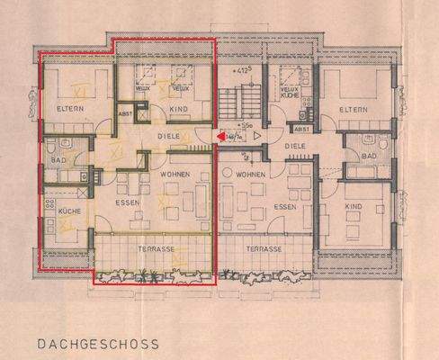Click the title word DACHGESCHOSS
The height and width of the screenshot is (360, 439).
99,343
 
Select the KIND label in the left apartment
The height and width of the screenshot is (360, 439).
180,111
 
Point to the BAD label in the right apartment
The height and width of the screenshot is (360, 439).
369,155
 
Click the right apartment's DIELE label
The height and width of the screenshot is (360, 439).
295,145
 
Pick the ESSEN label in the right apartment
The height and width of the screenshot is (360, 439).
286,206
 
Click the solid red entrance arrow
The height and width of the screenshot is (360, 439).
220,137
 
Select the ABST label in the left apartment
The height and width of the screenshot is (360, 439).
126,113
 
